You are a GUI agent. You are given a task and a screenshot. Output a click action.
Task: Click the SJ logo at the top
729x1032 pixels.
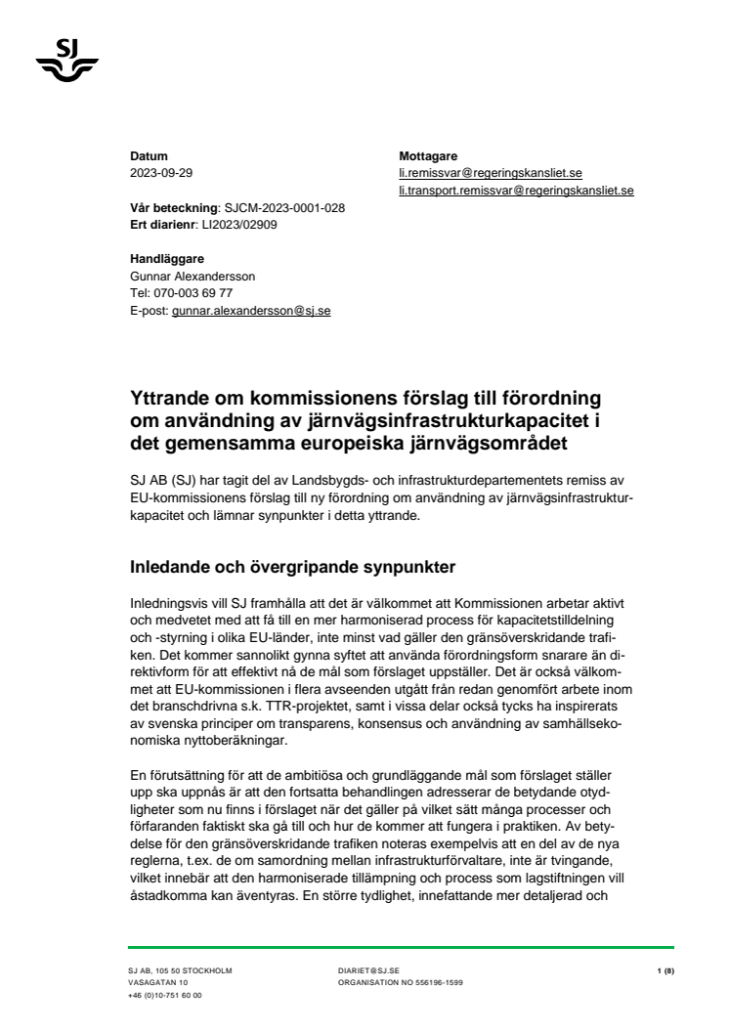click(x=66, y=58)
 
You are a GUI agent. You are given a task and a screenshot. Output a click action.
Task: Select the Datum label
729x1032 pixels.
click(x=149, y=155)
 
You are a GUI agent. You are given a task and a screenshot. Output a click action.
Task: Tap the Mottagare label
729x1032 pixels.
click(x=428, y=155)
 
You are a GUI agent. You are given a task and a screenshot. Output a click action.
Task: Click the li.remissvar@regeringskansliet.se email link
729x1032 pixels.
click(x=491, y=172)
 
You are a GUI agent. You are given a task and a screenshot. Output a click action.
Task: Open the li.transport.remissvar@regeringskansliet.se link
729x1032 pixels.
click(x=516, y=190)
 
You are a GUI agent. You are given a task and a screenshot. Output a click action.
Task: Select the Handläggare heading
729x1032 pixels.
click(x=167, y=259)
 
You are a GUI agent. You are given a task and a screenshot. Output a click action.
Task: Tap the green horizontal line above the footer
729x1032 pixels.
click(x=401, y=947)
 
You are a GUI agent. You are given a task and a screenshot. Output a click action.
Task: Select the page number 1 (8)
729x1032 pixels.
click(x=665, y=970)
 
